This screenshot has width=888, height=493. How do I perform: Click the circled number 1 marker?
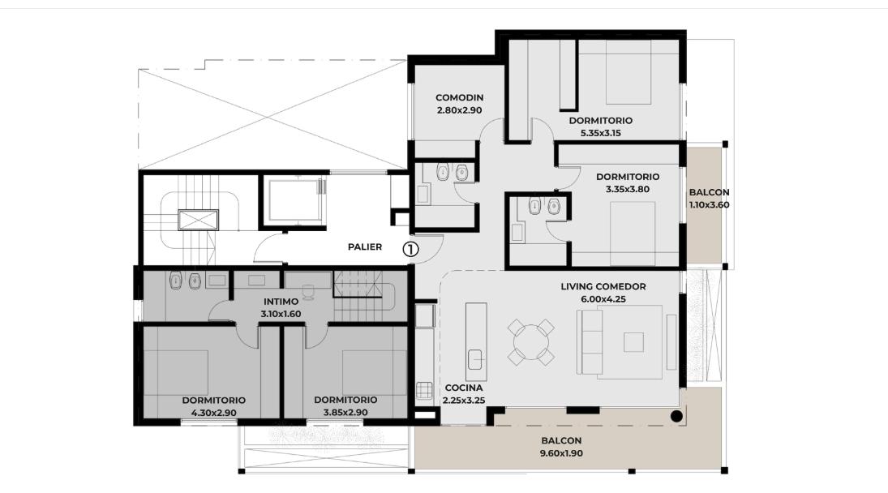(410, 248)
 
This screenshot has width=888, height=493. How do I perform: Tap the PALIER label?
(365, 246)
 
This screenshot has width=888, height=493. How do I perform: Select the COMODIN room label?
(459, 97)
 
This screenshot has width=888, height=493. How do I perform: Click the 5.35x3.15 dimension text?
(600, 133)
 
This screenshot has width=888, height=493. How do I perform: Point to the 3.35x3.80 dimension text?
(628, 190)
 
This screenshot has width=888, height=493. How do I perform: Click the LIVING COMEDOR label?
(603, 286)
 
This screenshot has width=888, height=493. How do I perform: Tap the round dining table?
(530, 342)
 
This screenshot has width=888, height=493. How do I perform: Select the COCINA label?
(464, 388)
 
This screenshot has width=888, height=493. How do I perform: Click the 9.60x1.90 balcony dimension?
(561, 452)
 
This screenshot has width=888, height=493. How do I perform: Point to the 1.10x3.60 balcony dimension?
(709, 205)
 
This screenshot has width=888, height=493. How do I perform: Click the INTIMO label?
(281, 302)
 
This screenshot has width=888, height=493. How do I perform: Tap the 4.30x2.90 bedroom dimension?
(213, 413)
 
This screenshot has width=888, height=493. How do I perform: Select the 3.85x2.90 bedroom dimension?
(345, 412)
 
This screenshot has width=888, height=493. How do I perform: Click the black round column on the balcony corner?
(676, 416)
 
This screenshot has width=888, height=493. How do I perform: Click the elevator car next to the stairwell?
(295, 200)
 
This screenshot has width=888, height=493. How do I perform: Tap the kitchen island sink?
(475, 359)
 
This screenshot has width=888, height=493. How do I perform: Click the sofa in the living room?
(589, 342)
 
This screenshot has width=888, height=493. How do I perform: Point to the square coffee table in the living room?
(633, 342)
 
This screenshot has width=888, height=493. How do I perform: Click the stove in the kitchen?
(424, 391)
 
